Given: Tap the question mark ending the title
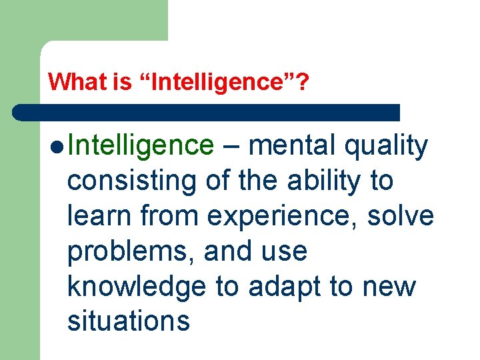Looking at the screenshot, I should (x=303, y=82).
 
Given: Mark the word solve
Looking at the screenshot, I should (x=406, y=216).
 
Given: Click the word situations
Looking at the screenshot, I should (x=129, y=321).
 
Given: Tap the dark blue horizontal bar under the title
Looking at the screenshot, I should (x=207, y=112).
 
